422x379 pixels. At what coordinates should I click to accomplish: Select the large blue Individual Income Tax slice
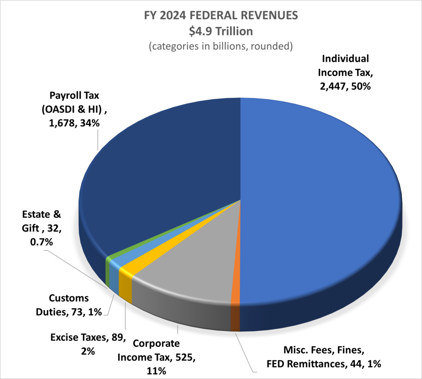321,185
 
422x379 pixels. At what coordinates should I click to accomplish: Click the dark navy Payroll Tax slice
165,165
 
